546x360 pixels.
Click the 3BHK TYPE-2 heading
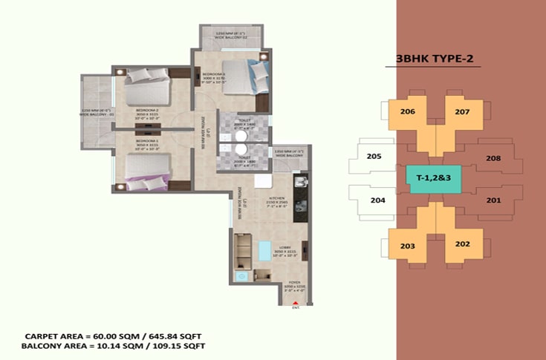coord(432,60)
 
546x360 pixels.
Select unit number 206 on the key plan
coord(407,112)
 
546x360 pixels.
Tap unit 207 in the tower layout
coord(462,112)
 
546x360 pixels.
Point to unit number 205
coord(374,157)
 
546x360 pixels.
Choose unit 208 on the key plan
coord(493,158)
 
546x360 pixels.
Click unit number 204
coord(377,200)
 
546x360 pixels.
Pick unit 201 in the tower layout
coord(493,200)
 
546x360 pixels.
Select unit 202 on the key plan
coord(462,244)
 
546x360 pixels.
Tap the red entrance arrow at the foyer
coord(296,302)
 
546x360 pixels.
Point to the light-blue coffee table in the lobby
coord(262,252)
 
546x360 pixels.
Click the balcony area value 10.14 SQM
coord(114,347)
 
